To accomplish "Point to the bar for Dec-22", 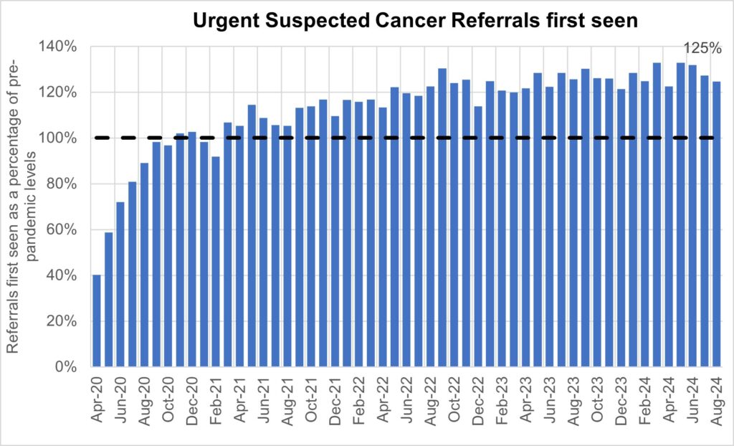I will pyautogui.click(x=478, y=237).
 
